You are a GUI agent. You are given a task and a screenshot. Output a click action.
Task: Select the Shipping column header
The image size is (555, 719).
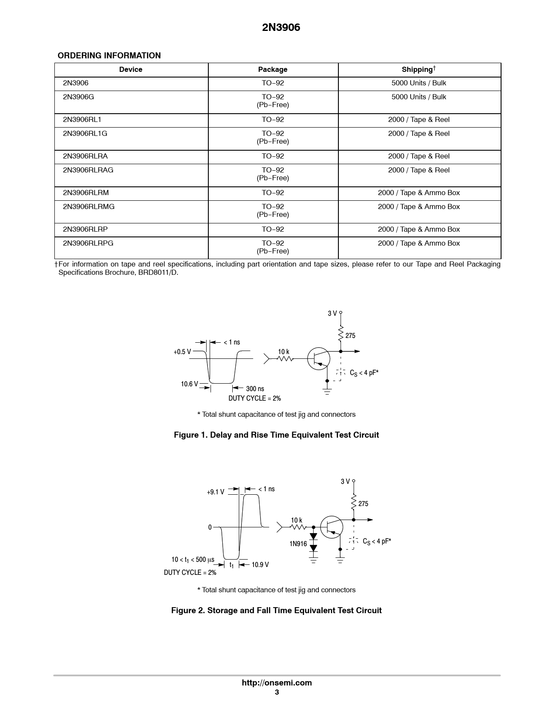click(418, 70)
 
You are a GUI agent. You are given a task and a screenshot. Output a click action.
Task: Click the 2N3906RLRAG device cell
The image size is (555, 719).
click(88, 170)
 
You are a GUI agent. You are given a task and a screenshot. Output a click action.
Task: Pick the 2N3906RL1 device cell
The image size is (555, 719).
click(82, 120)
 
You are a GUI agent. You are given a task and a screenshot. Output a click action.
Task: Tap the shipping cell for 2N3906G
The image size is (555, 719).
click(418, 97)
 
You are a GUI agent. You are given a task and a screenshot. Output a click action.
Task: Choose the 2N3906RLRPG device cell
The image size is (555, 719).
click(88, 243)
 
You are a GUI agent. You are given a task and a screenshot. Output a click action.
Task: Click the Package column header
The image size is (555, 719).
click(273, 70)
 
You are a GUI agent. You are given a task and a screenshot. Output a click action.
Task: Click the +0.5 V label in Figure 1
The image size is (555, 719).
click(182, 352)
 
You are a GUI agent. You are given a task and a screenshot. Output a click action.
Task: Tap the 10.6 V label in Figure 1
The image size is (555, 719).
click(190, 384)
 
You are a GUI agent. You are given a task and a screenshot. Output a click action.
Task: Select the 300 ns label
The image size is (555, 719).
click(255, 389)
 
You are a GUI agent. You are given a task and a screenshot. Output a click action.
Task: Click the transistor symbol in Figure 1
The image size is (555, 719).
click(319, 358)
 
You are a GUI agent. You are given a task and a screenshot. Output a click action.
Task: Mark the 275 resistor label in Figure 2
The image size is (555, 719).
click(363, 504)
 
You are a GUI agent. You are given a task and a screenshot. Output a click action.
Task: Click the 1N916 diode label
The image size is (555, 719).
click(298, 544)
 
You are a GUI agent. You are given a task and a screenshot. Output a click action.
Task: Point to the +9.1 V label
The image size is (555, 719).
click(216, 492)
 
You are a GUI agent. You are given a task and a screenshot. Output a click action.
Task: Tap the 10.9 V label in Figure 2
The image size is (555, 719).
click(260, 565)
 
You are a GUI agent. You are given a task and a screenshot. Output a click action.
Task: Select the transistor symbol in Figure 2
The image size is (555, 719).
click(331, 527)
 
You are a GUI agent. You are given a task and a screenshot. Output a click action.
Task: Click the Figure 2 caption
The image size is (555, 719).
click(276, 611)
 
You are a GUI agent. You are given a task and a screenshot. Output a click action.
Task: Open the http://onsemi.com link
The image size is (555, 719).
click(277, 683)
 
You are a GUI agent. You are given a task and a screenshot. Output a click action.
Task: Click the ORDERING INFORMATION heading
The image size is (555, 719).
click(109, 56)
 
